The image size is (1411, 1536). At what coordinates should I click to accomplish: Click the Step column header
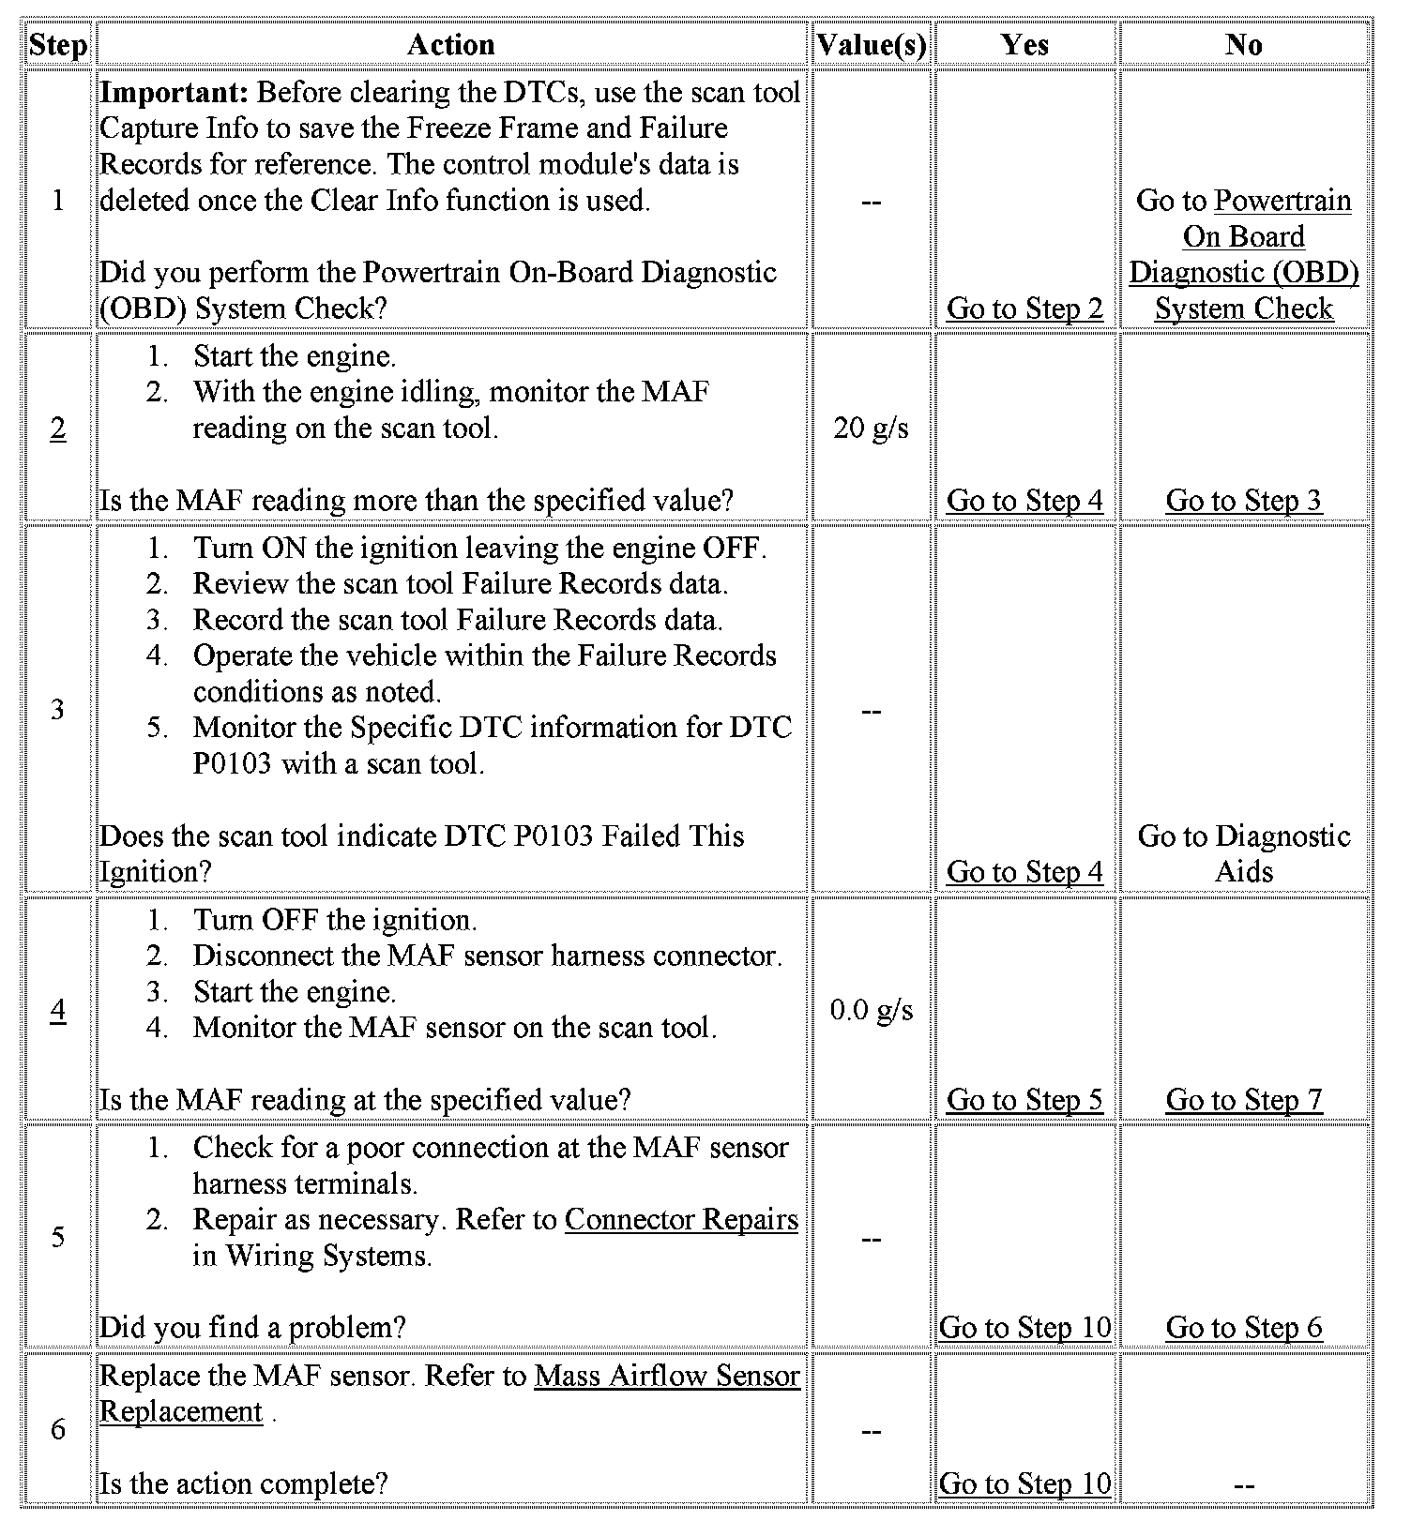point(57,45)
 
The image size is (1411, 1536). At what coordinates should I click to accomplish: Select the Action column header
point(451,45)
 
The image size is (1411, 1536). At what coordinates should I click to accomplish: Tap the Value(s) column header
point(871,45)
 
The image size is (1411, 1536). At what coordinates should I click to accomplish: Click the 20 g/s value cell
point(871,429)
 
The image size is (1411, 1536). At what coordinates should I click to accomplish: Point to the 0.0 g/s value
point(871,1010)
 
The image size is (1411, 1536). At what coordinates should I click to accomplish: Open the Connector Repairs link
point(681,1219)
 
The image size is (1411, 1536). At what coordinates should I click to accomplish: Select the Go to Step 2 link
point(1024,309)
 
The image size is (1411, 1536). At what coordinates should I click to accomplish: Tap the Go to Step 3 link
point(1243,501)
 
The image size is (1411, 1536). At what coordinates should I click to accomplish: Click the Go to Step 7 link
point(1243,1100)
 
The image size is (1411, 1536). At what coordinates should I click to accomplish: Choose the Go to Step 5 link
point(1024,1100)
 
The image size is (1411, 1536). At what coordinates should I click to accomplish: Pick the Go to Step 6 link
point(1243,1328)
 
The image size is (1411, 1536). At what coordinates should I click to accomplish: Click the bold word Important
point(174,92)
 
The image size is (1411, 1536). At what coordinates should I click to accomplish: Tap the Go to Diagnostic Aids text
point(1243,853)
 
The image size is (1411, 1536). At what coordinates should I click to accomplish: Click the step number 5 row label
point(57,1238)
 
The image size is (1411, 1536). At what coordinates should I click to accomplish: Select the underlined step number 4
point(57,1010)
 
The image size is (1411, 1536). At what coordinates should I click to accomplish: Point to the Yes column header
point(1024,45)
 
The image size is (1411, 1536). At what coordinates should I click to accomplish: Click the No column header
point(1243,45)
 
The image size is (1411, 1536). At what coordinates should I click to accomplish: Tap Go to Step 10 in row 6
point(1024,1483)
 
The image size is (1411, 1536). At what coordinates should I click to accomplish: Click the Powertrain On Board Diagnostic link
point(1243,254)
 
